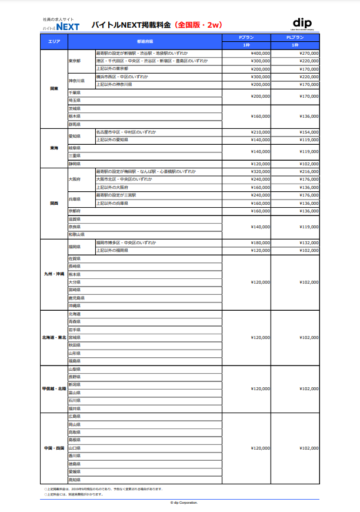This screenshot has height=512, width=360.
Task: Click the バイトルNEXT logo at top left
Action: (x=61, y=25)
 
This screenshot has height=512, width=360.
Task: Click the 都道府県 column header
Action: (x=145, y=42)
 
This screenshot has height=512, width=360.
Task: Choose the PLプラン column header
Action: (x=295, y=38)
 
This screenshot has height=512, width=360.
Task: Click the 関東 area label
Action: (x=54, y=89)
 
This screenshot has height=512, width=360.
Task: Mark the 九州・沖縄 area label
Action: (x=54, y=274)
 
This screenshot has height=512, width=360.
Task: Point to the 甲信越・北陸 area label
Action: (x=54, y=388)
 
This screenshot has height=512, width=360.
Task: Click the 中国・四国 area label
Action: (x=54, y=448)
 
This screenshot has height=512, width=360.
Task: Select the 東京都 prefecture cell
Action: (x=75, y=61)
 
